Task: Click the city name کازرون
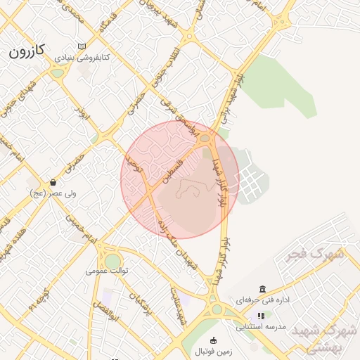[x=27, y=51]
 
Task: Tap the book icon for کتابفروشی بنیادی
[x=82, y=46]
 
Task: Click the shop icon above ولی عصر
[x=53, y=182]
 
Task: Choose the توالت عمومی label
[x=107, y=270]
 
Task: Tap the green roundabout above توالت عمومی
[x=112, y=260]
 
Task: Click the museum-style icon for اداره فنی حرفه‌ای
[x=262, y=290]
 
